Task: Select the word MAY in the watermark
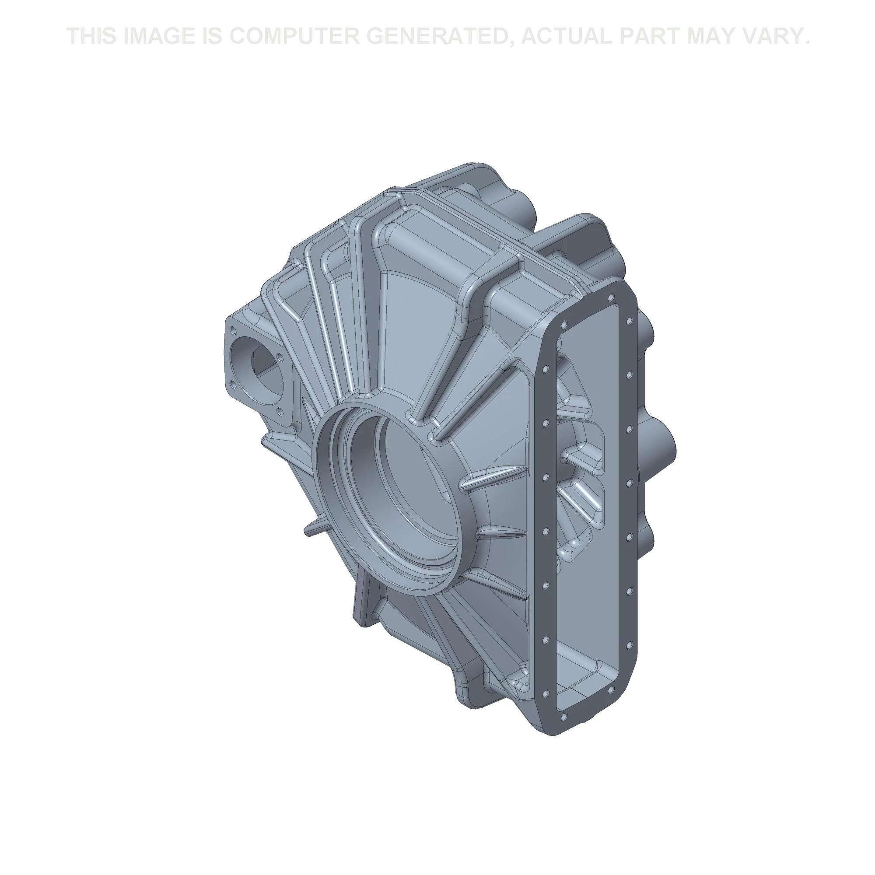pos(712,36)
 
